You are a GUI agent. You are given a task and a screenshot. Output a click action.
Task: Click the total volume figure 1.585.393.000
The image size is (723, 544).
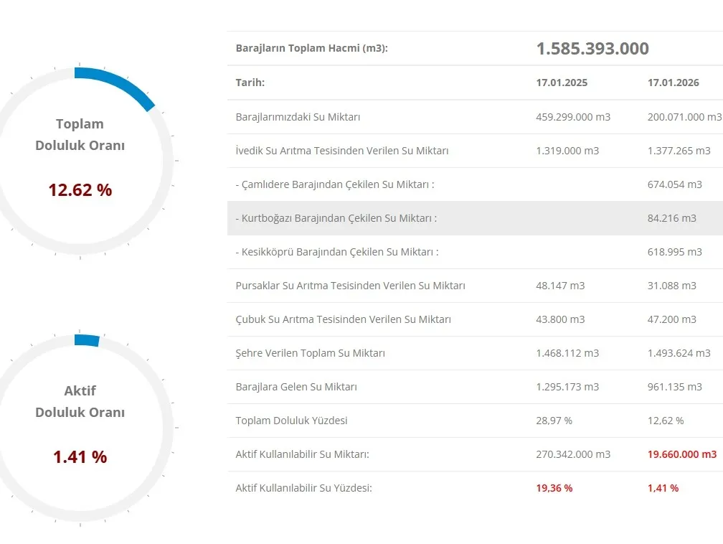[x=592, y=49]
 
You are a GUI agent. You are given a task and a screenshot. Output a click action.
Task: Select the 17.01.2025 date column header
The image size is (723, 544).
[x=562, y=83]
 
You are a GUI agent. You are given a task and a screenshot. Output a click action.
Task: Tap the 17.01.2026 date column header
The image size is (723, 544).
[x=673, y=83]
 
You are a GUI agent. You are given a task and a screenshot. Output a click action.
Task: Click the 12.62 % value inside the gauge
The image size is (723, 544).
[x=80, y=190]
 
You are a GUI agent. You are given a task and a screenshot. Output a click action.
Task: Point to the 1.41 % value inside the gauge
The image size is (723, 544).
[x=80, y=457]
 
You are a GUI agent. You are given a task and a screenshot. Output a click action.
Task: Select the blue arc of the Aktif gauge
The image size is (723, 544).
[x=87, y=340]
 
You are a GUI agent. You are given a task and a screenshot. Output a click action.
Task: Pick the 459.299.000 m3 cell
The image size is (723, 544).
[x=573, y=117]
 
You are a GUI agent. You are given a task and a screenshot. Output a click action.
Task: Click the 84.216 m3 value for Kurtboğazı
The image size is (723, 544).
[x=671, y=218]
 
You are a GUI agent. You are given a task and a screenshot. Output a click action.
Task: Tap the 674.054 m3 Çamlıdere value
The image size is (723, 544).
[x=674, y=184]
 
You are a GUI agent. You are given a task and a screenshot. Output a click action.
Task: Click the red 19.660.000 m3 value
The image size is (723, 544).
[x=681, y=454]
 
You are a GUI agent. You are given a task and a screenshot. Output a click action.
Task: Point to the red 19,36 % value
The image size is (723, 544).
[x=554, y=488]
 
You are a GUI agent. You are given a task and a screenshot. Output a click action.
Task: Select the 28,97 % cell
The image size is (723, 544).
[x=554, y=421]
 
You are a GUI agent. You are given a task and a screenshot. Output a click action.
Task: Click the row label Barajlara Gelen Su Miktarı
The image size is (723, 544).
[x=296, y=387]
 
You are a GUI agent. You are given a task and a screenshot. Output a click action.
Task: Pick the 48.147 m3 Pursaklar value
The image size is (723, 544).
[x=560, y=286]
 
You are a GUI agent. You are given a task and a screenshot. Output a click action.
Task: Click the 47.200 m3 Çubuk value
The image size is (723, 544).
[x=671, y=319]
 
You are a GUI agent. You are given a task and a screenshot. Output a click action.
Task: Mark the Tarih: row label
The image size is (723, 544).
[x=250, y=83]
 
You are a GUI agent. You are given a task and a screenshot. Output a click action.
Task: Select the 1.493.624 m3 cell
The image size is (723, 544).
[x=679, y=353]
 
